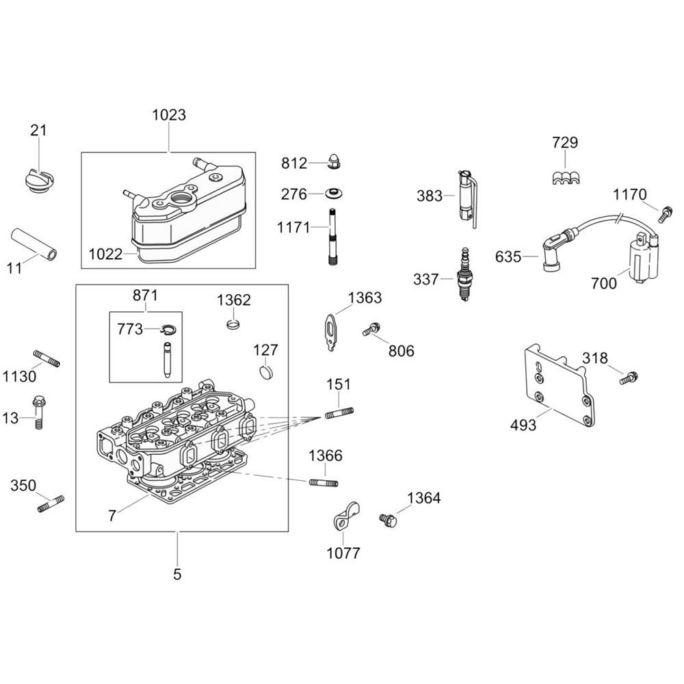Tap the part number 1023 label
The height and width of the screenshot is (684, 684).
coord(168,114)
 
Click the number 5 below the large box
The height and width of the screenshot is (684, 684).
coord(177,574)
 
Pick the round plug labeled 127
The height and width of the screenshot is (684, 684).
coord(265,373)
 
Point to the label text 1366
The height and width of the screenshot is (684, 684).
coord(325,456)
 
